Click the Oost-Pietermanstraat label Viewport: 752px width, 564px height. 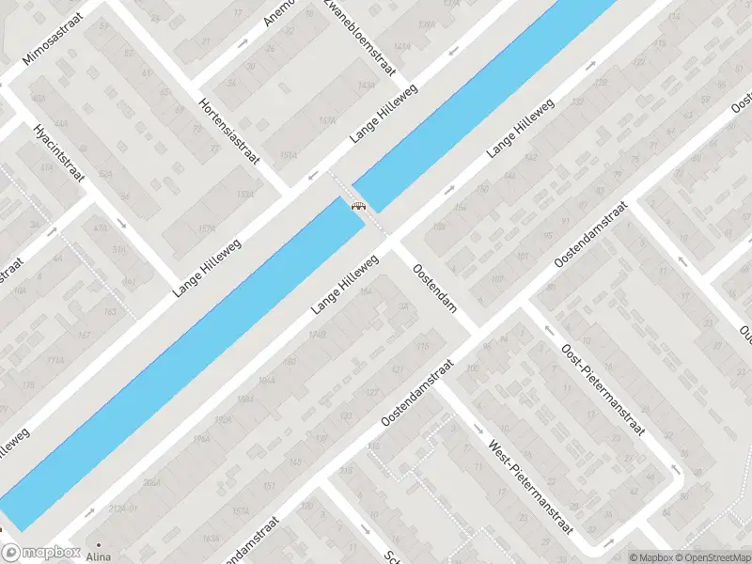pyautogui.click(x=602, y=390)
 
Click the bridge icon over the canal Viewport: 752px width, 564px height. pyautogui.click(x=358, y=206)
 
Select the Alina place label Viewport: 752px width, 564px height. pyautogui.click(x=99, y=556)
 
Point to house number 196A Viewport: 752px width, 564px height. pyautogui.click(x=200, y=439)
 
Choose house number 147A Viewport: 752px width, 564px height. pyautogui.click(x=327, y=120)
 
